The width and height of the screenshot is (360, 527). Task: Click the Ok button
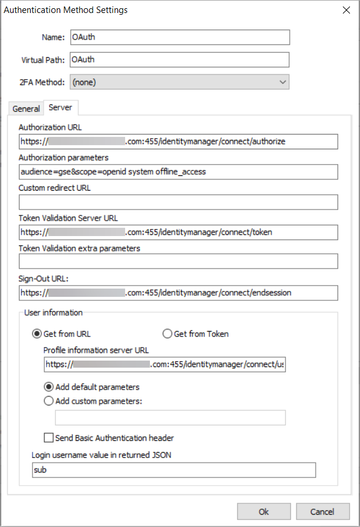tap(263, 512)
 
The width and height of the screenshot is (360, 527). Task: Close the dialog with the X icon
tap(345, 10)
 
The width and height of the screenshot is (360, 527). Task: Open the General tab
tap(26, 109)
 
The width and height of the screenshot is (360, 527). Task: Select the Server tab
tap(60, 107)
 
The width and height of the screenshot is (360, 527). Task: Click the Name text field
tap(180, 37)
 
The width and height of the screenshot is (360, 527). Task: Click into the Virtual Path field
tap(180, 60)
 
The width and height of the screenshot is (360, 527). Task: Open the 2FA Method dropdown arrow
tap(283, 82)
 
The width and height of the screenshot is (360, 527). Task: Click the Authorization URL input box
tap(178, 142)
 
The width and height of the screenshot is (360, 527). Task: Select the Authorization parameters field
tap(178, 172)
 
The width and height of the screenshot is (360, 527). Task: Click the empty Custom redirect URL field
tap(178, 202)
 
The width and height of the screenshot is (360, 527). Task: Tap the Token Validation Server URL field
tap(178, 233)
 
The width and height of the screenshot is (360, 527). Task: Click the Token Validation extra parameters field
tap(178, 261)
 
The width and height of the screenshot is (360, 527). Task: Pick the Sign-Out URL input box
tap(178, 293)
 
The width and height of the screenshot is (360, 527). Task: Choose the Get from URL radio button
tap(37, 334)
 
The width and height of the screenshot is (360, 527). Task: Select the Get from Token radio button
tap(167, 334)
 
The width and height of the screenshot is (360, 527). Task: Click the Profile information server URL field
tap(164, 365)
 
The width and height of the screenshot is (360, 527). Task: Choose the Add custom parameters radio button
tap(49, 401)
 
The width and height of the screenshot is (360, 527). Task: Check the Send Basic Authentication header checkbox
tap(49, 438)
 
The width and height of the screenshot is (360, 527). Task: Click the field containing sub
tap(174, 470)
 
